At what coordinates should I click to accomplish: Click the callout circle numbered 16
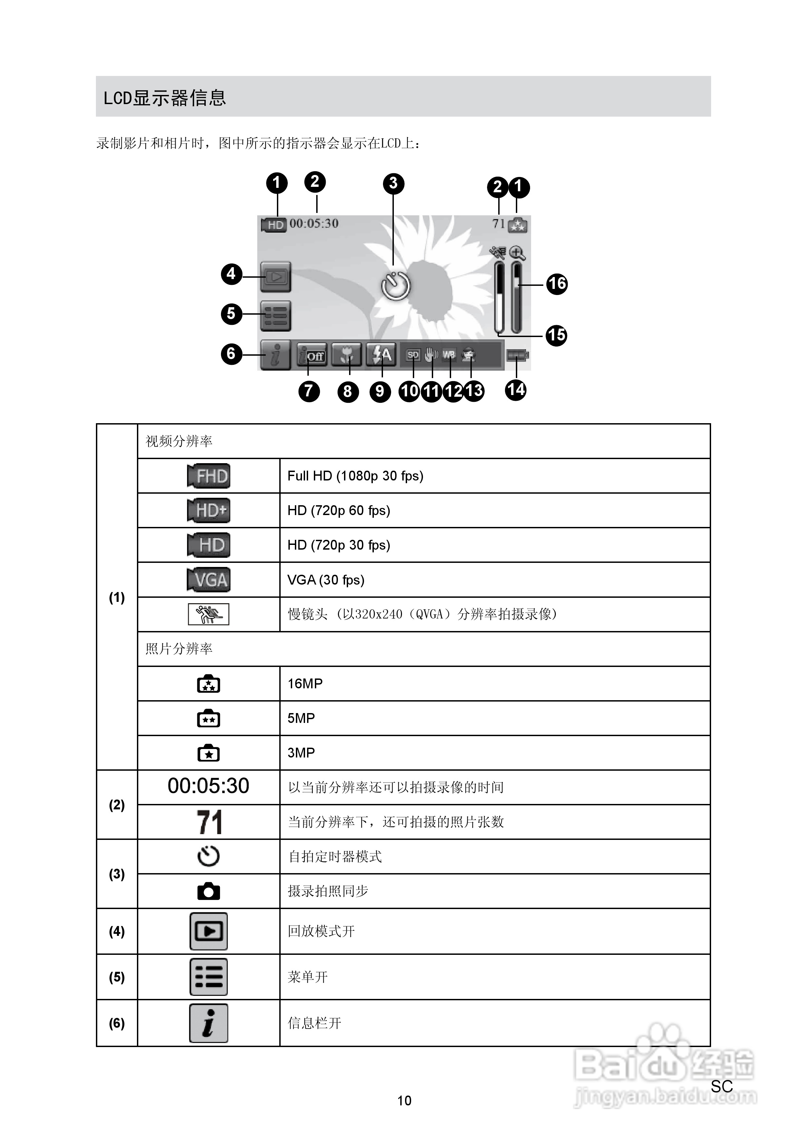[557, 284]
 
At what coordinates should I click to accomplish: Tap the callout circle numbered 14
[516, 390]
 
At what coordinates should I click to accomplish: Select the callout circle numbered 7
[309, 391]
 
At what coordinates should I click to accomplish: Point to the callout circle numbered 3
[393, 183]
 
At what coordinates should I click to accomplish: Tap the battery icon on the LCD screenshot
[517, 355]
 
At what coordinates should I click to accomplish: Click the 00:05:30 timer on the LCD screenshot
[314, 223]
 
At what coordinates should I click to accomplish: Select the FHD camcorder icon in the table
[209, 476]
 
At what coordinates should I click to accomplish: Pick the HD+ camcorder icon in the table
[209, 510]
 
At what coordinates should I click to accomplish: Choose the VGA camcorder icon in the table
[209, 579]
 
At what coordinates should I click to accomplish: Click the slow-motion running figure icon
[209, 614]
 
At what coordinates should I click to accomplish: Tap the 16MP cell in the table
[305, 684]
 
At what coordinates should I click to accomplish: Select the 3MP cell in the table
[301, 752]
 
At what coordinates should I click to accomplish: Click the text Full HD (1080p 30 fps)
[355, 476]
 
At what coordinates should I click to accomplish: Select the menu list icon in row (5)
[209, 977]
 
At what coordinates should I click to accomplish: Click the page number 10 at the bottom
[404, 1101]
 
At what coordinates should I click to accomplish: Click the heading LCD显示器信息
[165, 98]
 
